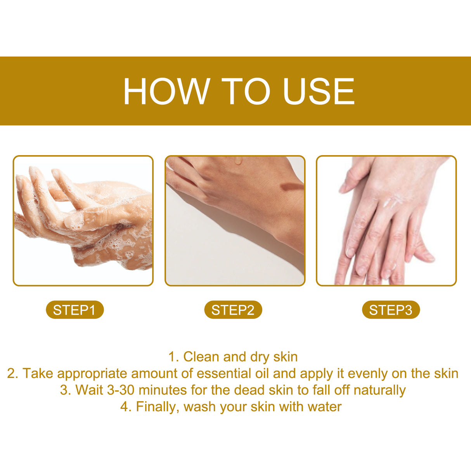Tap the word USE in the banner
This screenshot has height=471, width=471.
click(x=319, y=92)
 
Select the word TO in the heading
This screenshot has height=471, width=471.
click(x=246, y=92)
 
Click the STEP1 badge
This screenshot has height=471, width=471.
click(x=74, y=310)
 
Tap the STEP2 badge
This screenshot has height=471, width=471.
click(x=233, y=310)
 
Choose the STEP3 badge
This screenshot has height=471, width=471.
click(x=391, y=310)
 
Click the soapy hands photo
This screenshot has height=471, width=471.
click(x=83, y=221)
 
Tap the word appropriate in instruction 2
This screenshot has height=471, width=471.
click(x=92, y=374)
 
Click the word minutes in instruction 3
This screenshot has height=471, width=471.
click(x=163, y=390)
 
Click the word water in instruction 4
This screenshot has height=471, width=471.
click(x=324, y=407)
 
